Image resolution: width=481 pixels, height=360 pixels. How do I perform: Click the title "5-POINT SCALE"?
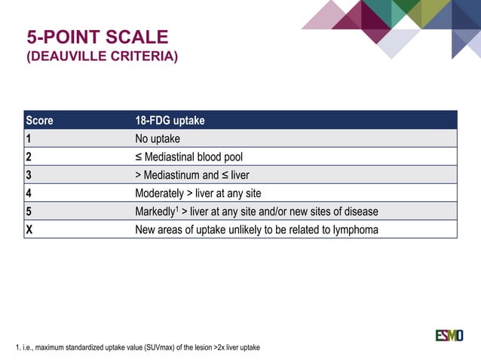(97, 37)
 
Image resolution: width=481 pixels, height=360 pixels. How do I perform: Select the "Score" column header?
(39, 121)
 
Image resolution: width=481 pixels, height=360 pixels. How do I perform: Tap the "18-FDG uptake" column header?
(169, 121)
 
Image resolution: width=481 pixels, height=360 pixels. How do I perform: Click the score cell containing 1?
(29, 139)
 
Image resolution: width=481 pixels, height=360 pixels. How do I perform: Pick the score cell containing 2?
(29, 157)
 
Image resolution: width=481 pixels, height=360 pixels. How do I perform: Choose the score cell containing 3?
(29, 175)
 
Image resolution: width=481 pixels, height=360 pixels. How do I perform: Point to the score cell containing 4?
(29, 193)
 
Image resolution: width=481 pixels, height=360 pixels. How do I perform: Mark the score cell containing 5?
(29, 212)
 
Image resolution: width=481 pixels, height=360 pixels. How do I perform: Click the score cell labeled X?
(29, 230)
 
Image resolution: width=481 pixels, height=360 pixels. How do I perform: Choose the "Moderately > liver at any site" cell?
(198, 193)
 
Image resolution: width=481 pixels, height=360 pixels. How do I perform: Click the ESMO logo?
(449, 335)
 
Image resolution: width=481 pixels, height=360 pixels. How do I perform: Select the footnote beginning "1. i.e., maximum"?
(138, 347)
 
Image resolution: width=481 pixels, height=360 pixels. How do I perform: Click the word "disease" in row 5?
(359, 212)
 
